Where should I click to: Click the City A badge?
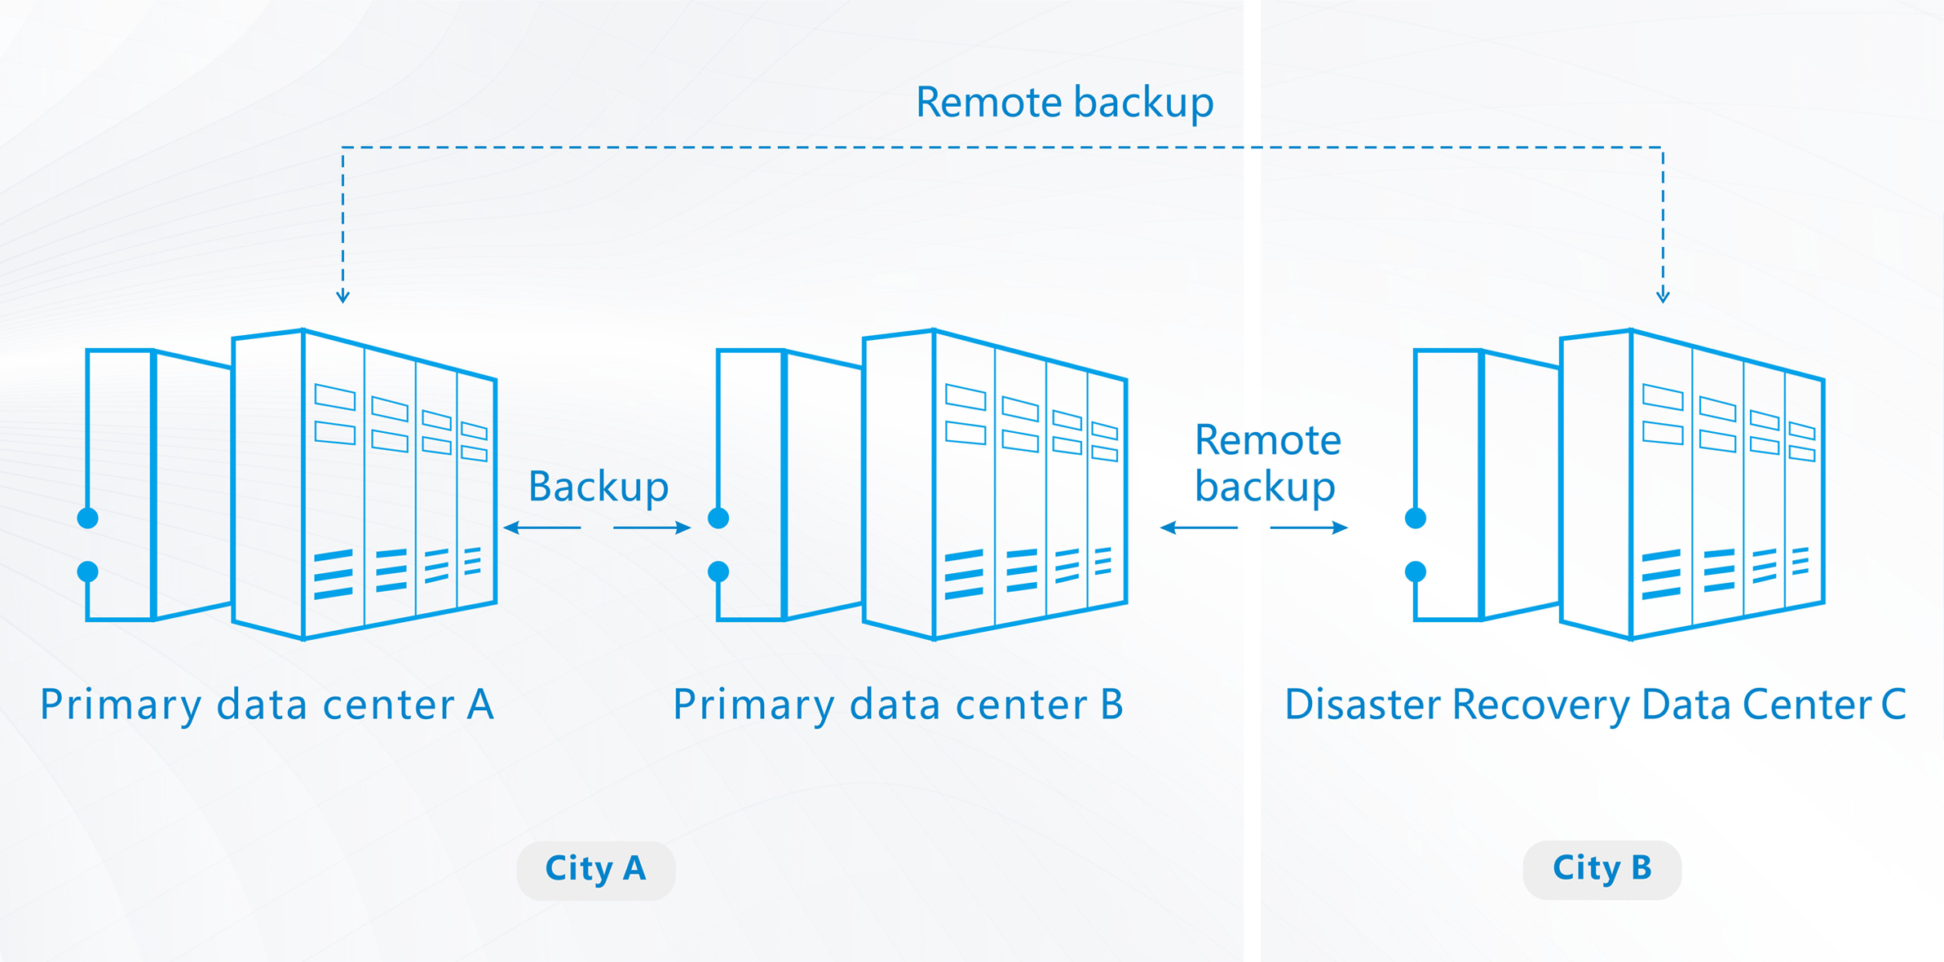click(595, 869)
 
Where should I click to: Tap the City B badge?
click(1602, 869)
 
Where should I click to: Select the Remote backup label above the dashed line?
click(1064, 103)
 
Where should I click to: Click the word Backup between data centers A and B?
click(599, 487)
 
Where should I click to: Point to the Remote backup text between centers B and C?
click(1266, 463)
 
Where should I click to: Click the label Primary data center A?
click(267, 704)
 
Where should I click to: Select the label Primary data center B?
click(898, 704)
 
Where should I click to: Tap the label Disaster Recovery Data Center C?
click(1594, 704)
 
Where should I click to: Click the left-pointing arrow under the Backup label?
click(541, 528)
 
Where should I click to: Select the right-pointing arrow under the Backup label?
click(652, 528)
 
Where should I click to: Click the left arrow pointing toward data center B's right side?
click(1199, 528)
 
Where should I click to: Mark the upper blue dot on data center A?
click(88, 518)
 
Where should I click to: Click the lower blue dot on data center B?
click(718, 571)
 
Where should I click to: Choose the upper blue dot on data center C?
click(1416, 518)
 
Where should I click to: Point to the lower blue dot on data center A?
click(88, 571)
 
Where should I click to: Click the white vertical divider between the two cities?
click(1252, 481)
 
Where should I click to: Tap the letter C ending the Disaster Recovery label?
click(1893, 704)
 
